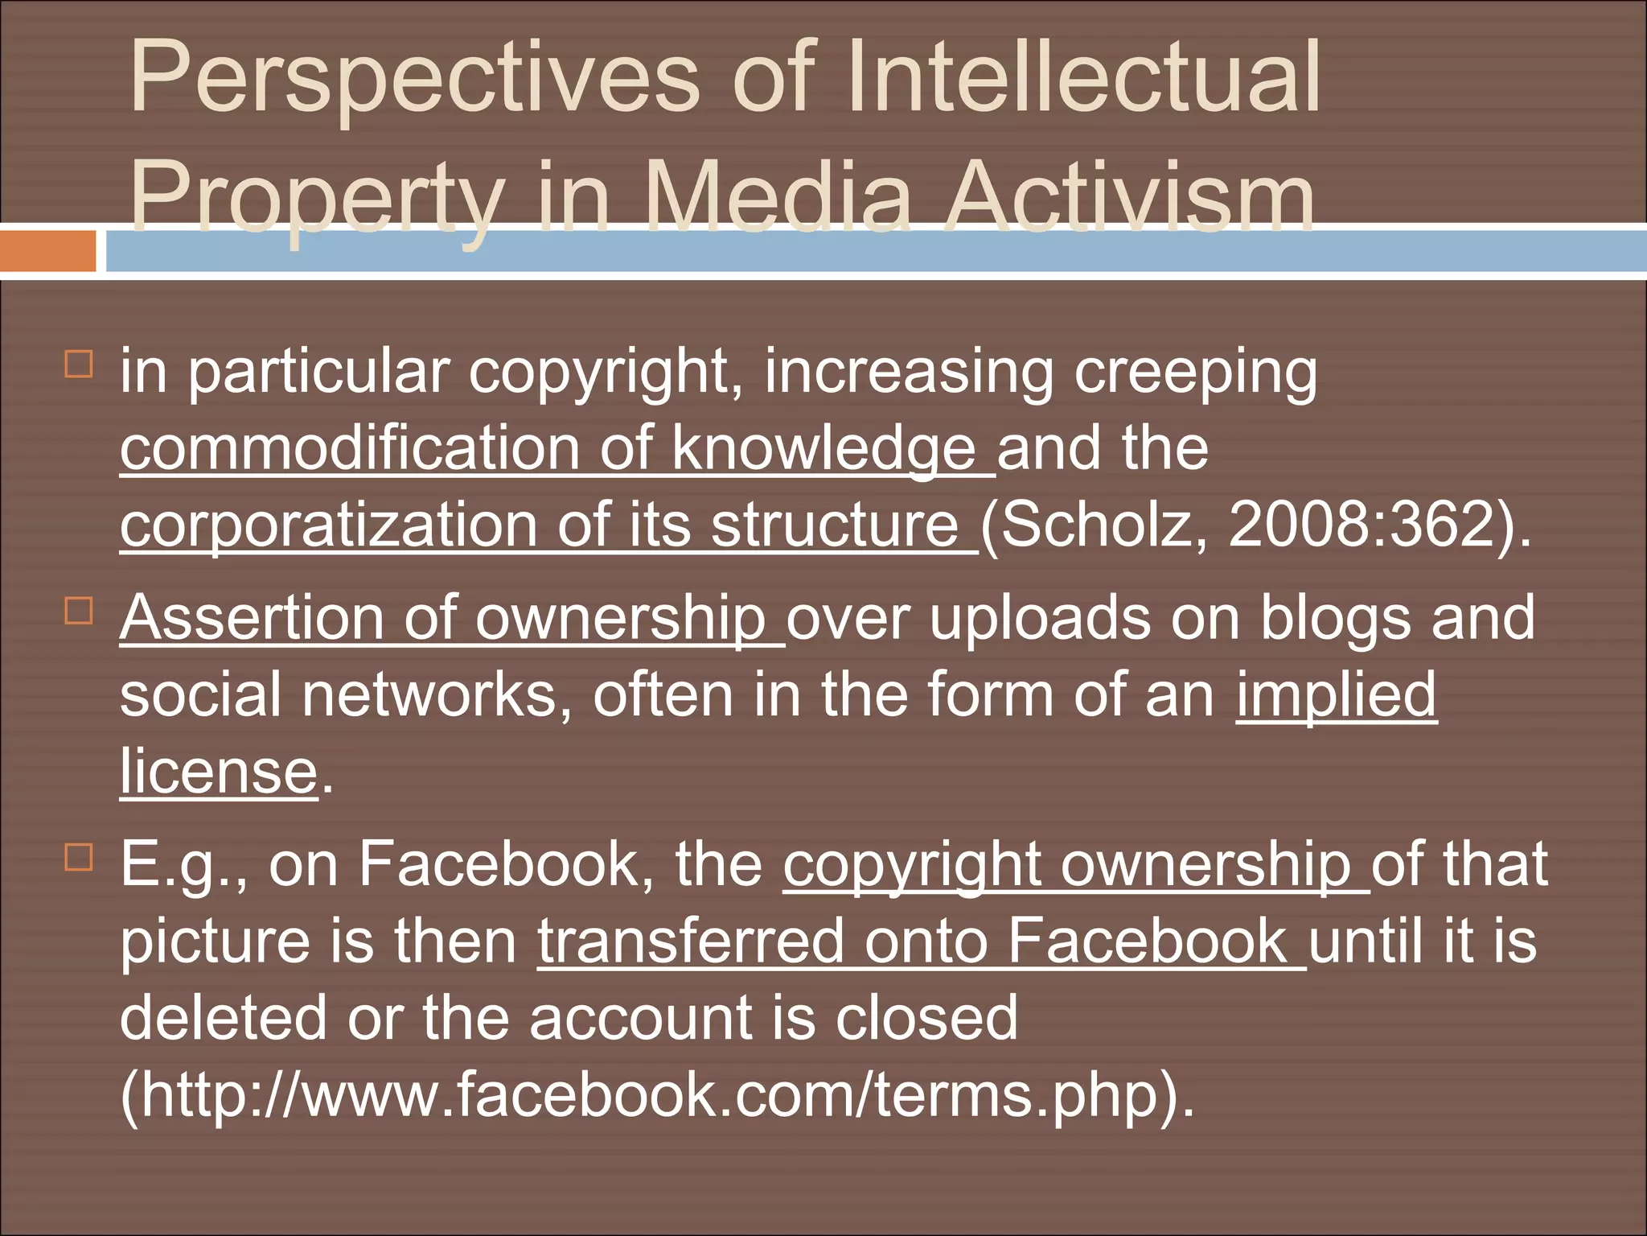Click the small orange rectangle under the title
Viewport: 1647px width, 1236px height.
click(47, 251)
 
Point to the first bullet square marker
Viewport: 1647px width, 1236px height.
click(78, 364)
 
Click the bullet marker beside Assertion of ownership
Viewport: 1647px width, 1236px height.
click(78, 611)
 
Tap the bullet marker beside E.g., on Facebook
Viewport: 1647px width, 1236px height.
click(78, 857)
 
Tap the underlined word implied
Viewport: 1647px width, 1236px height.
click(1336, 694)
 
